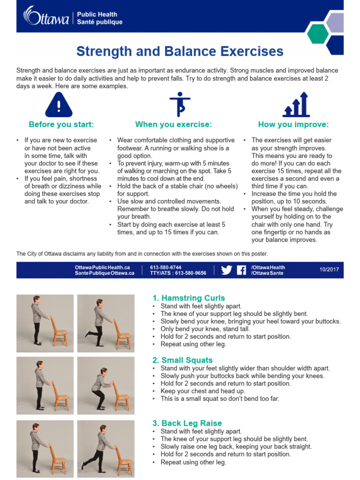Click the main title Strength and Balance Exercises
pos(180,51)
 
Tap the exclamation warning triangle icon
pos(59,105)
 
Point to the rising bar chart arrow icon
pos(295,105)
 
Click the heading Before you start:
pos(61,124)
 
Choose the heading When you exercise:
pos(173,124)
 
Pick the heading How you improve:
pos(293,124)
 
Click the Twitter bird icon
pos(226,270)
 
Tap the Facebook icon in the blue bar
pos(241,270)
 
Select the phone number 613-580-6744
pos(165,267)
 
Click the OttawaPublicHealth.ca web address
pos(102,267)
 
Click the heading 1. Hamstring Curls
pos(188,298)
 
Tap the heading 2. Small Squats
pos(182,360)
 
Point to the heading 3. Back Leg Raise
pos(187,423)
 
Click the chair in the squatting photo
pos(121,396)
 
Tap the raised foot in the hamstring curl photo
pos(88,333)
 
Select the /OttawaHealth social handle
pos(268,267)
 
